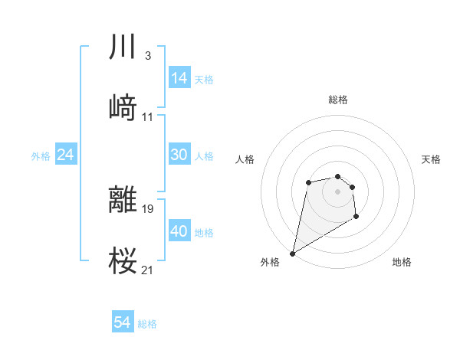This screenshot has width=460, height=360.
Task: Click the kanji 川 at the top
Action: [123, 47]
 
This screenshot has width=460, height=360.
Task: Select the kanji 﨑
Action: [123, 108]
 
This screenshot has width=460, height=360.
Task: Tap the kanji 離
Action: [123, 200]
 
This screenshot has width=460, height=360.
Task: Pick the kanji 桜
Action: [123, 261]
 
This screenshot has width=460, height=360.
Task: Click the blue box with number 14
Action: [179, 77]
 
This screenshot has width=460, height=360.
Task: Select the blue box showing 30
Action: [179, 155]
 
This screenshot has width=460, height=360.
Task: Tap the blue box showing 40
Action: [179, 231]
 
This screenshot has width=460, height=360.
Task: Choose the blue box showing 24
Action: [65, 155]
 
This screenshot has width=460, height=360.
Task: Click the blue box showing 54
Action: [123, 323]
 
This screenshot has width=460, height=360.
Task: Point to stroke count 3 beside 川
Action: [147, 56]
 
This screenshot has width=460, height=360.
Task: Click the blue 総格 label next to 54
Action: [147, 324]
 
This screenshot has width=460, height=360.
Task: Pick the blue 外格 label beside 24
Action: [41, 155]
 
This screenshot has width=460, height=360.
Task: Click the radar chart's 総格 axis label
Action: [338, 100]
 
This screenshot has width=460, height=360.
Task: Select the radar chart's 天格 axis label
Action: [432, 159]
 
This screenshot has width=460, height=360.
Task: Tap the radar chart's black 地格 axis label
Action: [402, 262]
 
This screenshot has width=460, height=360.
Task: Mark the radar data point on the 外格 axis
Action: [292, 253]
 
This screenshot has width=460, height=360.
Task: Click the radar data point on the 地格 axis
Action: [356, 218]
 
